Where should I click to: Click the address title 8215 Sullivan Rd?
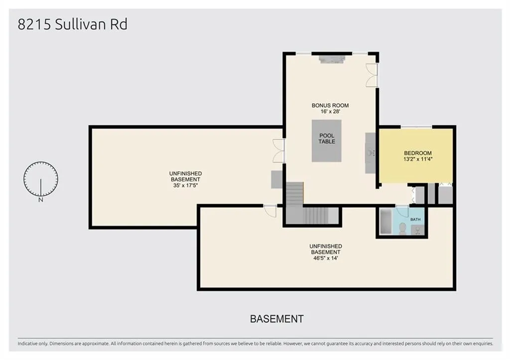(x=72, y=24)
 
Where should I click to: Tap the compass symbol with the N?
(x=41, y=180)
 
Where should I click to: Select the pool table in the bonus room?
(x=327, y=141)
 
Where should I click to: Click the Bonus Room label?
(x=330, y=106)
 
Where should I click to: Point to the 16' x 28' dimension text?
(x=330, y=112)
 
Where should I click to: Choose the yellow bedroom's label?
(x=418, y=153)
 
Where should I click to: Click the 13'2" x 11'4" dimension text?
(x=418, y=159)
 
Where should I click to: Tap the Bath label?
(x=415, y=220)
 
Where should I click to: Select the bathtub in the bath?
(x=386, y=222)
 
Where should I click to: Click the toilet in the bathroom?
(x=402, y=229)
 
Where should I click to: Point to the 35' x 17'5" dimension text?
(x=185, y=186)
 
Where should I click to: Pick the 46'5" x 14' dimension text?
(x=326, y=258)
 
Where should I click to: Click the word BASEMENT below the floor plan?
(x=277, y=319)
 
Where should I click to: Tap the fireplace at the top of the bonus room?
(x=332, y=59)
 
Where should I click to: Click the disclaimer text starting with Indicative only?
(x=255, y=344)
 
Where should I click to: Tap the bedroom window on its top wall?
(x=416, y=127)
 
